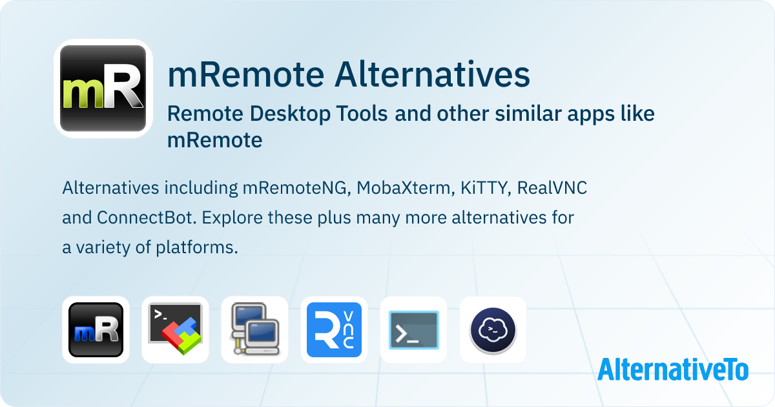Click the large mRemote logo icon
(x=103, y=89)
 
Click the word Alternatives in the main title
(x=431, y=75)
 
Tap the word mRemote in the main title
(x=245, y=75)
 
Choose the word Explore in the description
(x=228, y=218)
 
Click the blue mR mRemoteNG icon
(x=96, y=329)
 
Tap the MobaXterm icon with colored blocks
(x=175, y=329)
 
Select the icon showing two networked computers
(x=254, y=329)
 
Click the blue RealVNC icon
(x=334, y=329)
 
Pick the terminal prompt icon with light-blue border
(x=413, y=329)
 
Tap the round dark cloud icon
(x=493, y=329)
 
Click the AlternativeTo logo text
(x=672, y=369)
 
